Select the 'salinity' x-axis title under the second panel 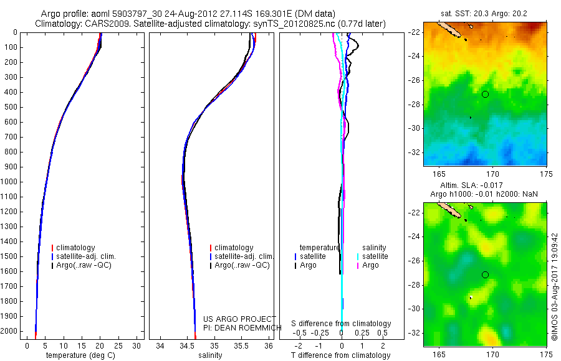coord(210,355)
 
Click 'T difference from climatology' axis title coord(341,355)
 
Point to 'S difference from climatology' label coord(341,324)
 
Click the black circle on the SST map coord(485,94)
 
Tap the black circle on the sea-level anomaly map coord(485,274)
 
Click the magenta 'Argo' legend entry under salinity coord(370,265)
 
